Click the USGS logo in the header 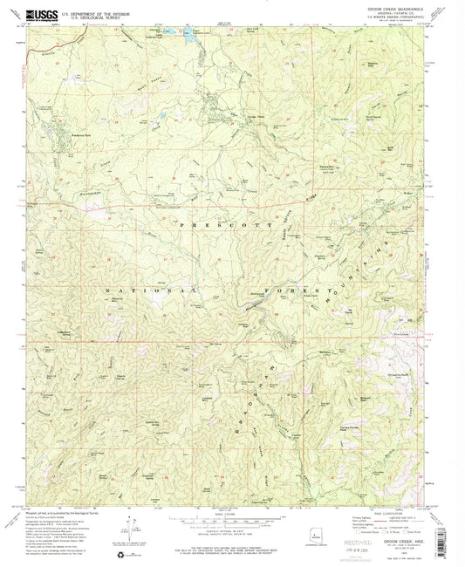[41, 14]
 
